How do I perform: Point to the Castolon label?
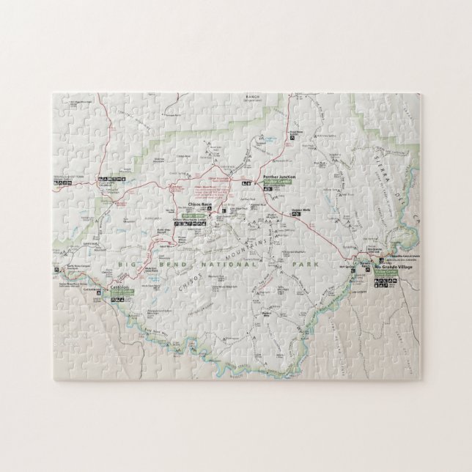coord(119,287)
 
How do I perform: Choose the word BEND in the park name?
coord(167,262)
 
